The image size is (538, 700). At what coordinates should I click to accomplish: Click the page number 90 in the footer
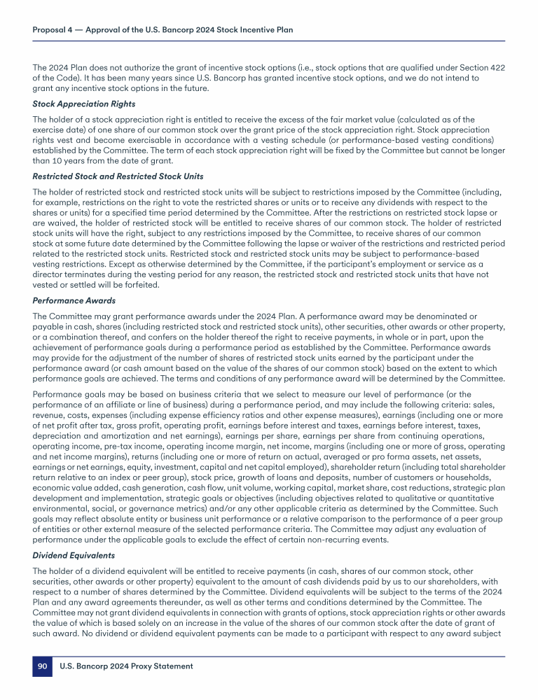tap(42, 666)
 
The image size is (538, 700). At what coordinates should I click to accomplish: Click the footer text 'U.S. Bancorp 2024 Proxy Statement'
tap(125, 666)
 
